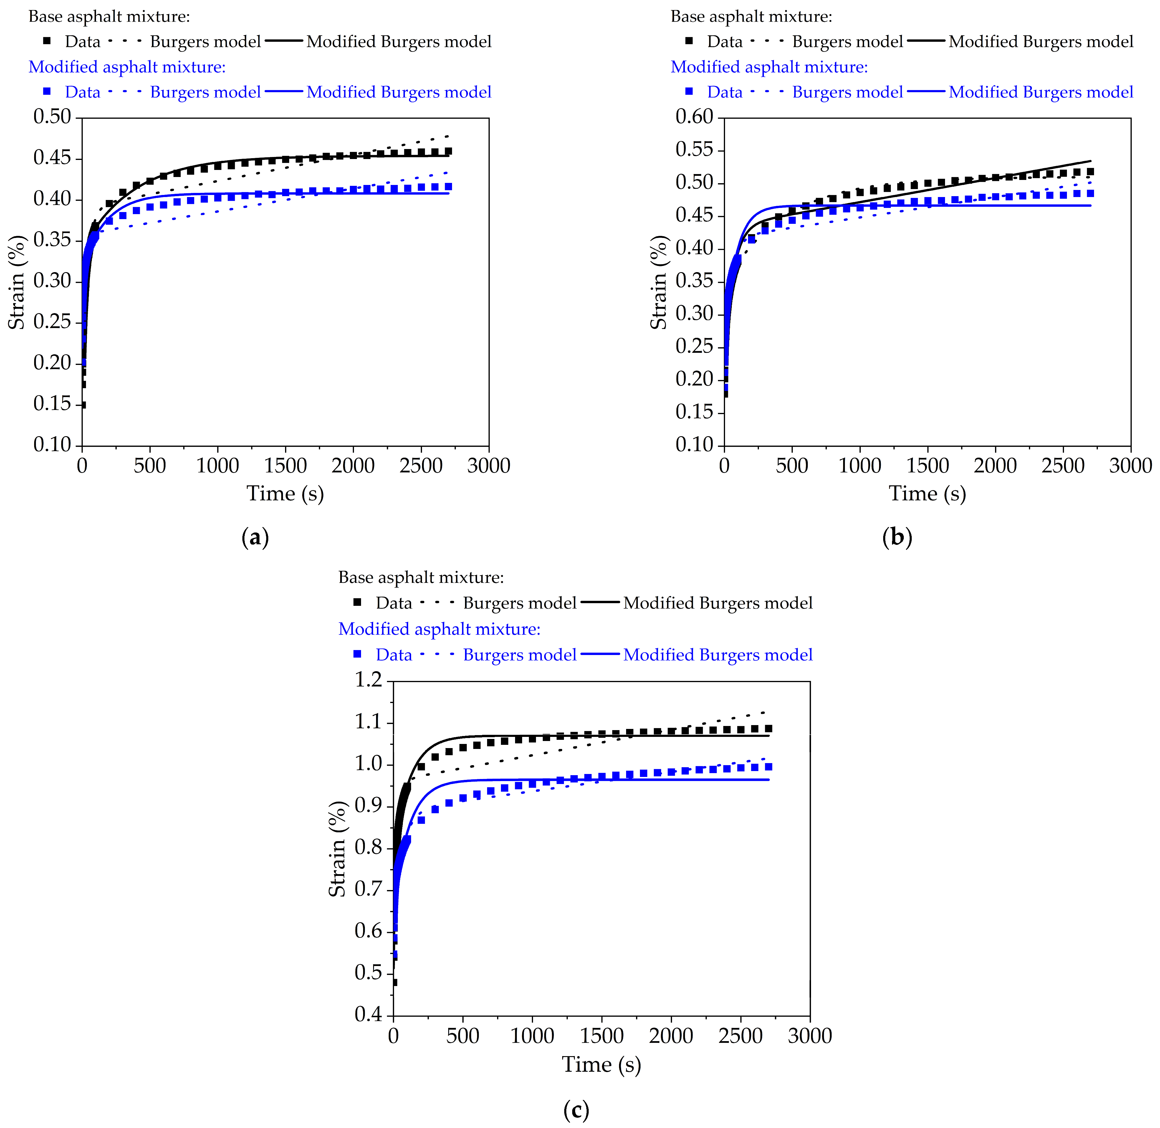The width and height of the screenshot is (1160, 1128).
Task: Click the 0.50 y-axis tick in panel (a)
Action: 52,117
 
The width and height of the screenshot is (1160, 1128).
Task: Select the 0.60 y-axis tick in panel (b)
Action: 694,117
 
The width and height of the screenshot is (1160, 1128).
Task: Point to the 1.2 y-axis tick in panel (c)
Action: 368,679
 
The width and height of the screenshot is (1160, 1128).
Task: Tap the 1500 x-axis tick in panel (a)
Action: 286,466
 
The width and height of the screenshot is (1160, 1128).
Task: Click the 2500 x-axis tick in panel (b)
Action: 1063,466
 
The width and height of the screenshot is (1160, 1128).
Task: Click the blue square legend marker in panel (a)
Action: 47,91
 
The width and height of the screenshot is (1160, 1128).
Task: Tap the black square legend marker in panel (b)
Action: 689,41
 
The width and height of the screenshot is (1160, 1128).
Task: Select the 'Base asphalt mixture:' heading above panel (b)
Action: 751,16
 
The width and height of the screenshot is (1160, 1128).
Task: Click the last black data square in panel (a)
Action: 449,151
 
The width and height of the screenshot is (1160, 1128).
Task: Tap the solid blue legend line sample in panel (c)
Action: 600,654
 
